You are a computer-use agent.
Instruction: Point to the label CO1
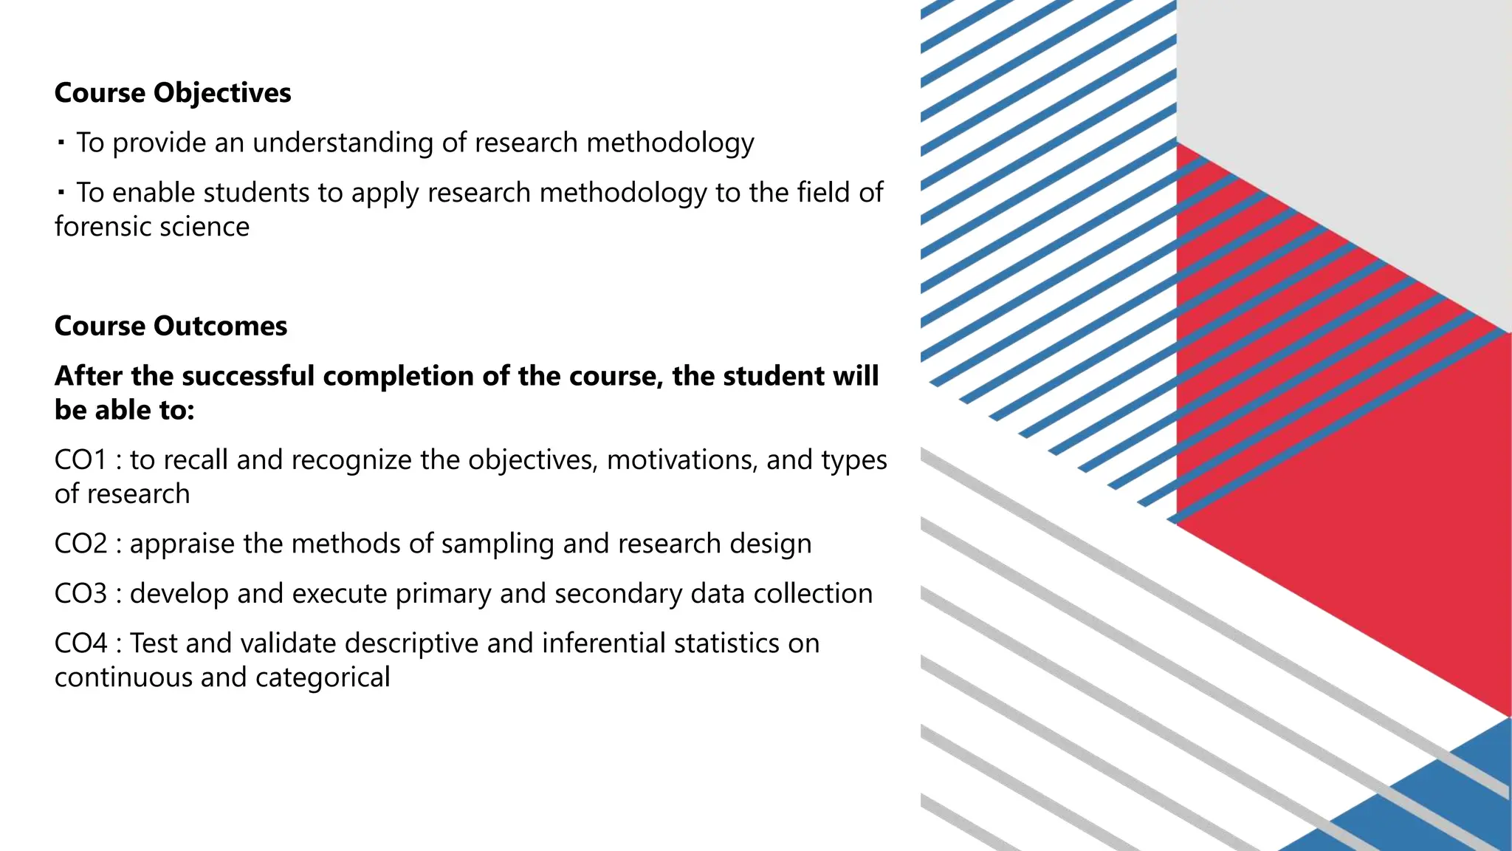click(80, 459)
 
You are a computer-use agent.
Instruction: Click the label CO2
click(80, 544)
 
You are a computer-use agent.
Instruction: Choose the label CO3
click(80, 594)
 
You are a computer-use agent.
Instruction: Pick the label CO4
click(80, 643)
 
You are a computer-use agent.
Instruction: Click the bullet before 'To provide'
click(61, 140)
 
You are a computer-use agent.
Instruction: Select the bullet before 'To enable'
click(61, 191)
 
